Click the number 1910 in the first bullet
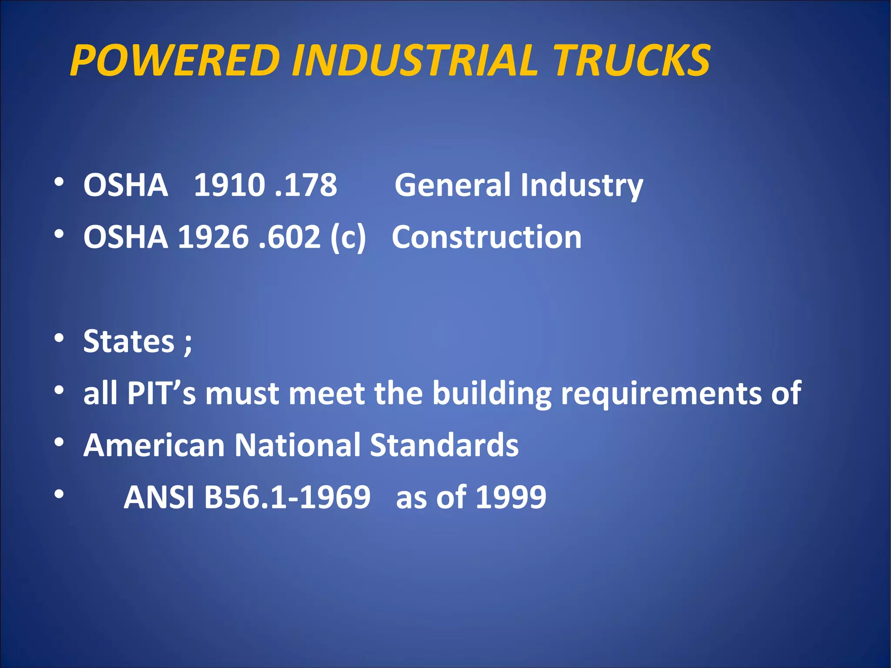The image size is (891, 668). pyautogui.click(x=229, y=185)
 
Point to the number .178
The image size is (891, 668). pyautogui.click(x=306, y=185)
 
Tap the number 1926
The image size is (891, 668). pyautogui.click(x=213, y=237)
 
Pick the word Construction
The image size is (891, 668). pyautogui.click(x=486, y=237)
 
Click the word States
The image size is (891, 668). pyautogui.click(x=129, y=341)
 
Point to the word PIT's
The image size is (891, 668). pyautogui.click(x=161, y=393)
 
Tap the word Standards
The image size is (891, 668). pyautogui.click(x=444, y=445)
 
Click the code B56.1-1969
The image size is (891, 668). pyautogui.click(x=287, y=497)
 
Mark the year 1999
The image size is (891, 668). pyautogui.click(x=511, y=497)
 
